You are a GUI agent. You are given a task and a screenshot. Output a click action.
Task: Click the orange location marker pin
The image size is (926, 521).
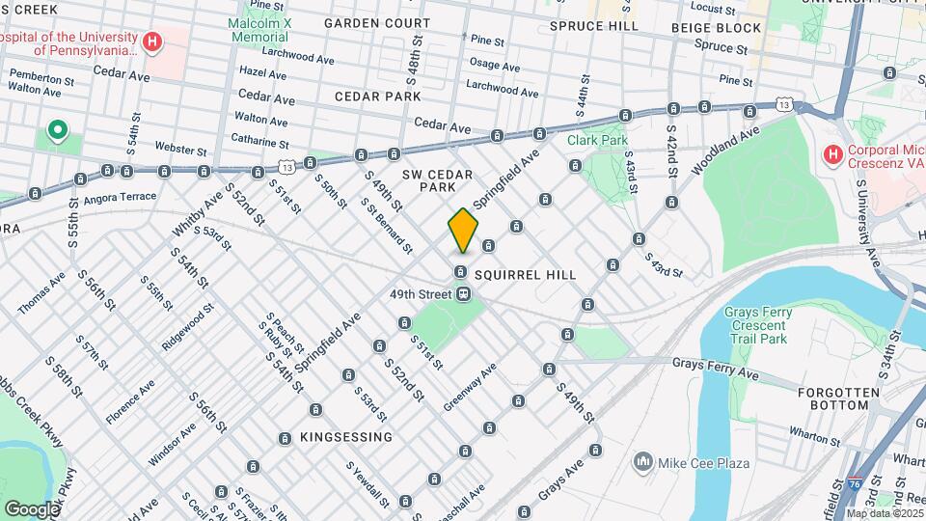[x=463, y=231]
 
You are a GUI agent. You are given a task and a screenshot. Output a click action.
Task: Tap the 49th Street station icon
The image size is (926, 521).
[x=464, y=294]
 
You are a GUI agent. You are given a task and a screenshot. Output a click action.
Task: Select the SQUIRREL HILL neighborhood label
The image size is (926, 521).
[x=525, y=275]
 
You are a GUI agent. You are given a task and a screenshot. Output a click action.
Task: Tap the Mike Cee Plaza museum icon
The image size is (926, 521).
[x=641, y=463]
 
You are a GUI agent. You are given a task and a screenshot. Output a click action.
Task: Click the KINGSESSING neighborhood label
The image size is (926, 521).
[x=346, y=437]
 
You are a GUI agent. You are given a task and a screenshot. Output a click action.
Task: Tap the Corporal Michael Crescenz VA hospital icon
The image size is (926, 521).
[x=831, y=153]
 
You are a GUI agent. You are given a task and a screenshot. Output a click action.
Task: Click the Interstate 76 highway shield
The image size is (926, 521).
[x=857, y=482]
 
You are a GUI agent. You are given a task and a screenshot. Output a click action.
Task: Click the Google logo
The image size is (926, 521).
[x=33, y=508]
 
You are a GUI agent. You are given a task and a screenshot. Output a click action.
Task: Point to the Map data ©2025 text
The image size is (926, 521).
[x=884, y=513]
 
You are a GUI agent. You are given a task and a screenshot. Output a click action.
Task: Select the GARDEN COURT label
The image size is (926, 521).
[x=377, y=22]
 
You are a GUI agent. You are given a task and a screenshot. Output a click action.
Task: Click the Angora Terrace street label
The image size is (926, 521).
[x=121, y=196]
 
